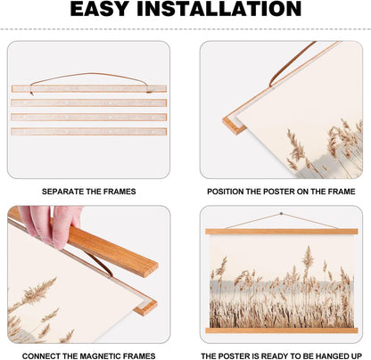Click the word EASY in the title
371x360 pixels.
[100, 9]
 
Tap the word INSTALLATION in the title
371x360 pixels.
[219, 9]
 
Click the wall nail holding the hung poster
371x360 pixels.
[281, 214]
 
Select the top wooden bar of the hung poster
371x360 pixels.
[282, 232]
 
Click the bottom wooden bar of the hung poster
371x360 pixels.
[282, 331]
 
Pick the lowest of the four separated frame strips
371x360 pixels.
[89, 131]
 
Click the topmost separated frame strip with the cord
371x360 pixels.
[89, 88]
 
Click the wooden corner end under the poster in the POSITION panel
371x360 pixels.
[234, 125]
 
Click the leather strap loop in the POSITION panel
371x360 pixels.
[292, 64]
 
